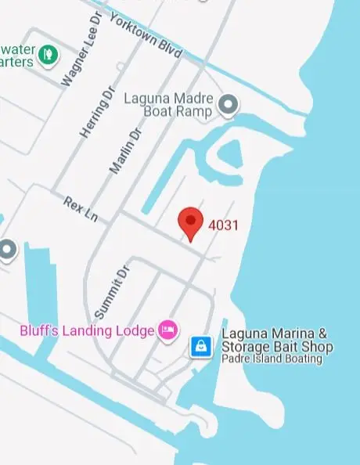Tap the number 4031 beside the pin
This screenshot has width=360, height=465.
[x=223, y=225]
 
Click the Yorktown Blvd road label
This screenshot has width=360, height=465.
[x=146, y=35]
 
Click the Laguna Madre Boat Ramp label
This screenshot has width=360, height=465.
[x=167, y=105]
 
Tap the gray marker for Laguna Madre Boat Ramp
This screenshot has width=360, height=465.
[x=228, y=103]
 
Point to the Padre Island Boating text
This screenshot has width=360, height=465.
[x=272, y=359]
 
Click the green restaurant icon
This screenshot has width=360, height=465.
[x=49, y=54]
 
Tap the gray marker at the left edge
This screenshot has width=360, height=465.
[x=7, y=250]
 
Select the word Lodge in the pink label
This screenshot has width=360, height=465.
[x=135, y=331]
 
